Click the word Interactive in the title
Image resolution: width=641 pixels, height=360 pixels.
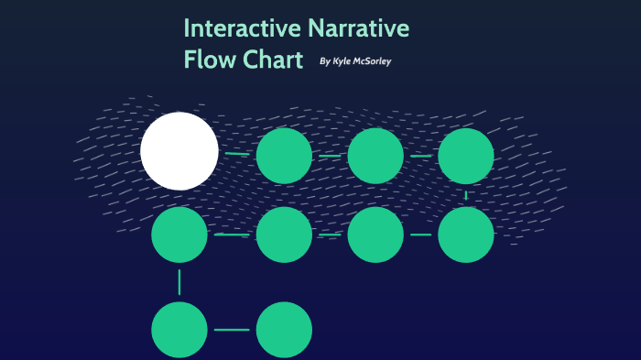click(242, 28)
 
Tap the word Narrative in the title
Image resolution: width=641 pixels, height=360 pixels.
click(358, 28)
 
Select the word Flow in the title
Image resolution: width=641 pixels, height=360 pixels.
click(205, 60)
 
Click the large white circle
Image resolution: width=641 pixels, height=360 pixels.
click(179, 151)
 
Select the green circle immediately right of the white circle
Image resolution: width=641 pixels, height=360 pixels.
click(284, 156)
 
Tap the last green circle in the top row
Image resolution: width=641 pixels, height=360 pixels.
click(466, 156)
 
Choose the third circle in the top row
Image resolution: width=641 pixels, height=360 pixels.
click(375, 156)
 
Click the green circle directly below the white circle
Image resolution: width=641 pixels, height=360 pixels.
click(179, 235)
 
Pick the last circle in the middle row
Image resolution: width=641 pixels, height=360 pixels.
click(466, 235)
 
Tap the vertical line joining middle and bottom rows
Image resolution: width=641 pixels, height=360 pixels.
click(179, 281)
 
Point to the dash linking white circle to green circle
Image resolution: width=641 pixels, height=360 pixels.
click(237, 154)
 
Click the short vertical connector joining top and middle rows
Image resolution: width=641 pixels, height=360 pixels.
click(466, 195)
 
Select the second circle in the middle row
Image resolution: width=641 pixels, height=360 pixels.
click(284, 235)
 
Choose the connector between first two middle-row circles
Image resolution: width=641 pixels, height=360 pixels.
click(232, 235)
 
